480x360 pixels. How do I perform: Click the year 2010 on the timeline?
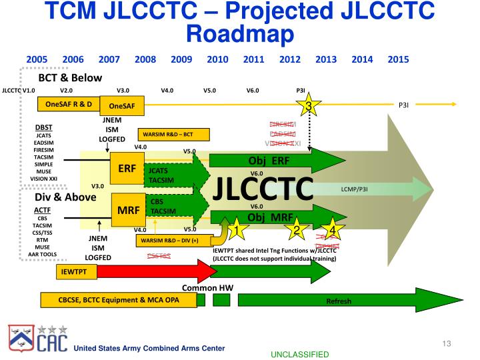[217, 59]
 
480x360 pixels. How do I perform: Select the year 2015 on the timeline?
[398, 59]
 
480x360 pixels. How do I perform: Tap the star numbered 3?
[308, 107]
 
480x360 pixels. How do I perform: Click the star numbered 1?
[235, 231]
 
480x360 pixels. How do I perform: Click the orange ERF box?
[127, 169]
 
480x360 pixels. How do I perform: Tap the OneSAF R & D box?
[69, 105]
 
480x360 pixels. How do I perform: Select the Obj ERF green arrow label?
[269, 161]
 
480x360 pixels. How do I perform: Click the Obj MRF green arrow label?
[269, 217]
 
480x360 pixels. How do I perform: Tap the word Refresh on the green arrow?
[338, 301]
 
